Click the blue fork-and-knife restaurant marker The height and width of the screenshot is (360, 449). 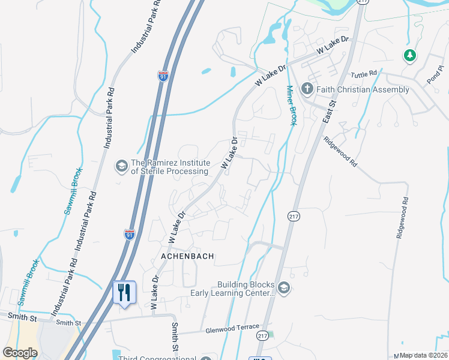point(124,293)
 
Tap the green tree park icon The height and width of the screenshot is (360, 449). point(410,56)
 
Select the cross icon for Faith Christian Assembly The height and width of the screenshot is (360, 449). point(307,89)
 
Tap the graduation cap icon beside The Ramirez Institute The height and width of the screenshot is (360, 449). point(122,166)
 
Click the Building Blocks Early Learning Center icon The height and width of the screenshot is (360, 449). point(283,289)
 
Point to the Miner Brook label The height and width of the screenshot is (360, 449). point(291,106)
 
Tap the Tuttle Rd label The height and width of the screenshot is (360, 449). point(364,74)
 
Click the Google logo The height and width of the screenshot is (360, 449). point(20,352)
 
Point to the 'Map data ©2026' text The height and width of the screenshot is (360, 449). point(424,355)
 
